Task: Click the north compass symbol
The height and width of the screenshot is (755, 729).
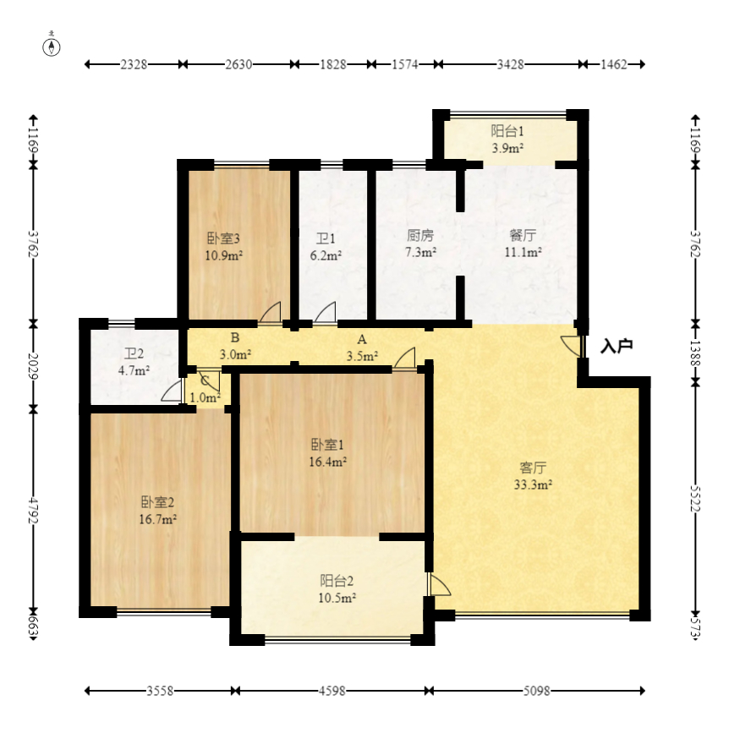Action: point(52,47)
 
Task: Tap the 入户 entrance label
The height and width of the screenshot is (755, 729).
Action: point(617,346)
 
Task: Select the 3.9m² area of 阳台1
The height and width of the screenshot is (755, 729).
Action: point(507,148)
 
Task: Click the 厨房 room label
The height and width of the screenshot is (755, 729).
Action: point(420,235)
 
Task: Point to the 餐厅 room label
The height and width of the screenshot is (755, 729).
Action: point(523,235)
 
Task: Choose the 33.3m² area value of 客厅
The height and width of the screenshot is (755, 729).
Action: point(533,484)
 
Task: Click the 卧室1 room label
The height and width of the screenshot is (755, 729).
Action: point(327,444)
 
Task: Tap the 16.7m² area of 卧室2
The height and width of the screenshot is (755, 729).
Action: point(157,520)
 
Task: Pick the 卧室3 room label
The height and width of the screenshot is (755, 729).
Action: point(223,238)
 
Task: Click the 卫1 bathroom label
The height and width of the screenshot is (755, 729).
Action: point(326,238)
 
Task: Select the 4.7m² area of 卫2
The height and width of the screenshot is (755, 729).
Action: point(134,371)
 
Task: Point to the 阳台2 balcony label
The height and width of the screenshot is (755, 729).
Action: point(337,581)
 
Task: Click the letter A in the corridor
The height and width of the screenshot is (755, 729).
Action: point(362,340)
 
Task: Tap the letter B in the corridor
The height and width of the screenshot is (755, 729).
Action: point(235,337)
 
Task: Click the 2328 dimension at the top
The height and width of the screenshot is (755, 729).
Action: point(134,64)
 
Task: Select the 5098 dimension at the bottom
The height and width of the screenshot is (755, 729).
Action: point(536,691)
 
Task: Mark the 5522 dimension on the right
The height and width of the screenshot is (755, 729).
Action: point(695,498)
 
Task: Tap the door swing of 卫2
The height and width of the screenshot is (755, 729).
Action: point(173,390)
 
